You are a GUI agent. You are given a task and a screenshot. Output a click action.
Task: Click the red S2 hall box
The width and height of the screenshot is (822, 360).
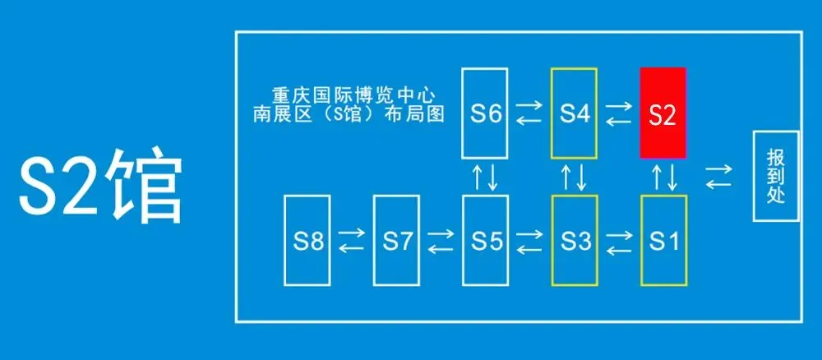tap(663, 113)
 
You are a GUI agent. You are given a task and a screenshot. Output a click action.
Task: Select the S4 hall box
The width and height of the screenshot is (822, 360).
tap(574, 113)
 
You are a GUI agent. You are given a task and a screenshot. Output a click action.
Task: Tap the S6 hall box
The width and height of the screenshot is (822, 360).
tap(485, 113)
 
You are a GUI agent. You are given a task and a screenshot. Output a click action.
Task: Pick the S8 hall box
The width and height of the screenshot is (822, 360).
tap(307, 241)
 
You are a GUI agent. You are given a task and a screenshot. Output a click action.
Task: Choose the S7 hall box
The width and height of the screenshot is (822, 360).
tap(396, 241)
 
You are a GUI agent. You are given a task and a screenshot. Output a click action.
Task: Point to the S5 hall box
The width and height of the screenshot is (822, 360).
tap(485, 241)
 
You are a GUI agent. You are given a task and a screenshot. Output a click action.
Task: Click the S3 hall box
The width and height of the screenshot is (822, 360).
tap(574, 241)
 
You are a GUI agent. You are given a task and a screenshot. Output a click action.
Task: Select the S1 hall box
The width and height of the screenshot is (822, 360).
tap(663, 241)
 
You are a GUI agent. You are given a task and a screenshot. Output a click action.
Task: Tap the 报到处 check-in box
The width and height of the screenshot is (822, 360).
tap(775, 176)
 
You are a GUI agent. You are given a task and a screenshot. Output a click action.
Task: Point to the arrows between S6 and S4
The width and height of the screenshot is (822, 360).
tap(529, 113)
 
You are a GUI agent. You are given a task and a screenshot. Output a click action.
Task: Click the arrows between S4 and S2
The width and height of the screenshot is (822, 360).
tap(618, 113)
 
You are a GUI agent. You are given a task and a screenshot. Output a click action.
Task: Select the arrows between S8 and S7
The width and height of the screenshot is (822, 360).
tap(351, 241)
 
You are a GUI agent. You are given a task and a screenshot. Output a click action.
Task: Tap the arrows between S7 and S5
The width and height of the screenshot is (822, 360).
tap(441, 241)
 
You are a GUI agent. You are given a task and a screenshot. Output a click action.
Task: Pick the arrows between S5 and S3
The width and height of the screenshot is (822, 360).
tap(529, 241)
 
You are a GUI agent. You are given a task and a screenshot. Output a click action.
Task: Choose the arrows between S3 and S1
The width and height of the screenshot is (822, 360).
tap(618, 241)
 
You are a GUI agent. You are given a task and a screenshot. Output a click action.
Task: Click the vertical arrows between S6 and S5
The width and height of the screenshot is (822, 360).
tap(485, 177)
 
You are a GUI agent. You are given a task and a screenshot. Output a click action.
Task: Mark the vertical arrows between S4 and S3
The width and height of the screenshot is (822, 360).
tap(574, 177)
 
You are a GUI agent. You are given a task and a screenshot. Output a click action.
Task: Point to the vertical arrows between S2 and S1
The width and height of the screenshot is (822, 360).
tap(663, 177)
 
